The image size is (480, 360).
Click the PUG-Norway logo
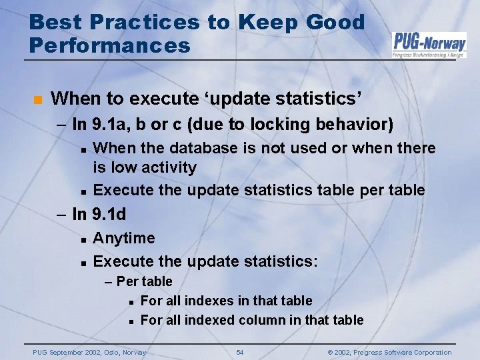point(429,44)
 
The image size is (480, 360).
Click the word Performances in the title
point(110,45)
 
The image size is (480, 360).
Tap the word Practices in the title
point(143,22)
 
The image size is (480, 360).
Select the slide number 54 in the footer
point(240,352)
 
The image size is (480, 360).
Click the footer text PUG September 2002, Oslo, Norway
point(89,352)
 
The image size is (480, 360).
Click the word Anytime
point(124,238)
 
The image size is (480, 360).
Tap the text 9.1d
point(109,215)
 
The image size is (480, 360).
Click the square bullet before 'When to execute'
point(37,100)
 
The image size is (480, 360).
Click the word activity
point(168,167)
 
